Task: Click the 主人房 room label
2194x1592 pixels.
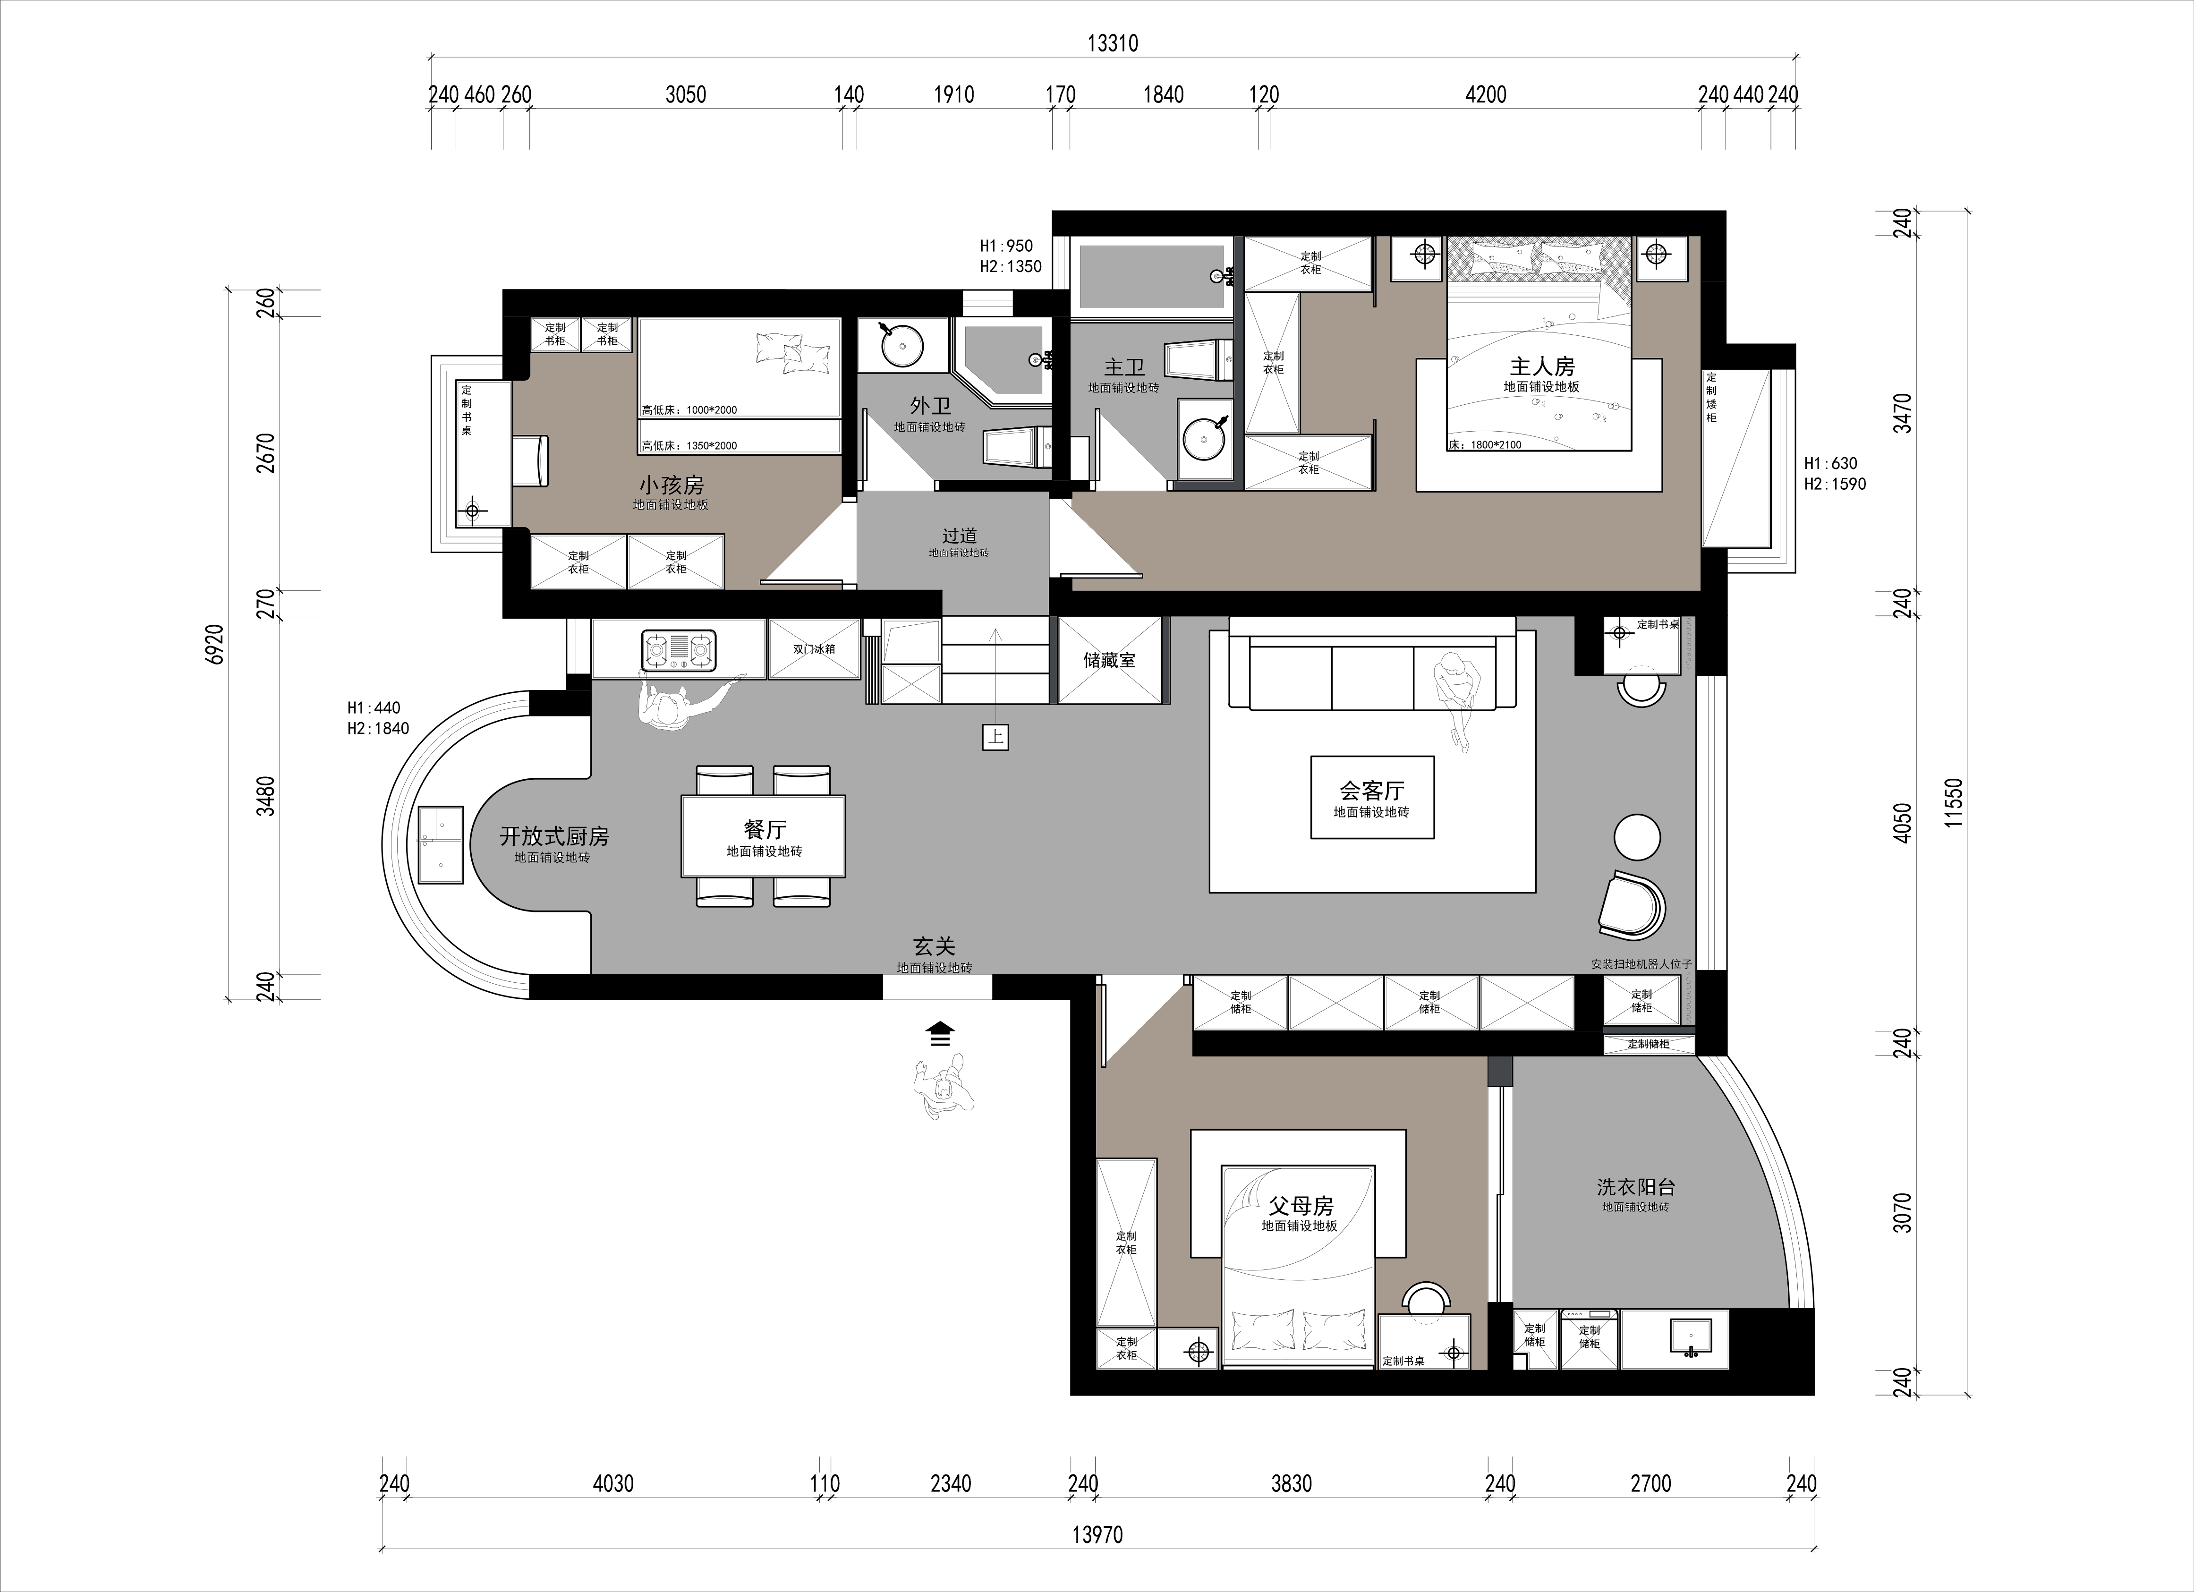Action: (x=1542, y=366)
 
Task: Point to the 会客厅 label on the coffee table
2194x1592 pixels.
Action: (x=1372, y=791)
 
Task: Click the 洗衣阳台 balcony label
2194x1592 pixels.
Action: (x=1635, y=1187)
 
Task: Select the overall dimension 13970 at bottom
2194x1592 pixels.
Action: (x=1098, y=1535)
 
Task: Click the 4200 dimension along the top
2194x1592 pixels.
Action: (x=1486, y=95)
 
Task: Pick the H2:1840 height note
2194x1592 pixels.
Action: (x=378, y=728)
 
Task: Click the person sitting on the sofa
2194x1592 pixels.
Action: (x=1454, y=697)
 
